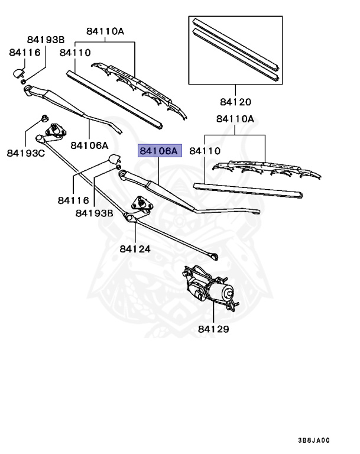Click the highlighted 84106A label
tap(158, 151)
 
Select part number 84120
tap(235, 102)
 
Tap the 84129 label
tap(213, 329)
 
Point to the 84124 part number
tap(134, 249)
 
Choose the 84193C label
tap(25, 153)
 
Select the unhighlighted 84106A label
tap(89, 145)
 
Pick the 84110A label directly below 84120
tap(235, 119)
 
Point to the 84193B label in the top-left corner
tap(46, 40)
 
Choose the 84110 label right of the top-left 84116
tap(75, 53)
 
